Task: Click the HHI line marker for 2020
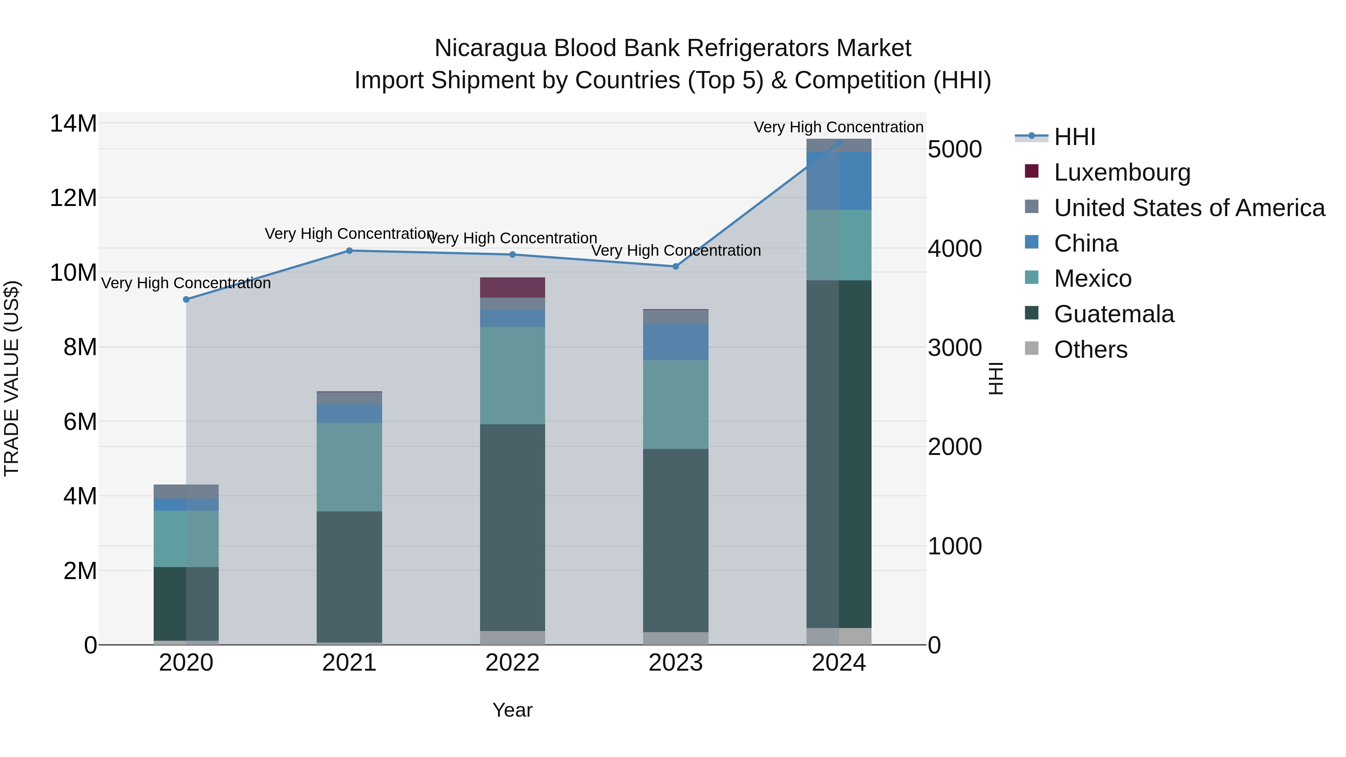186,299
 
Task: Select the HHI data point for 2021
350,251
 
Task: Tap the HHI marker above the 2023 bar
676,267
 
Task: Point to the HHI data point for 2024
839,143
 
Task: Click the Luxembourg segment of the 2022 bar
513,287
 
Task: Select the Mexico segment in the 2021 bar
350,467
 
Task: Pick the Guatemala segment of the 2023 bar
676,540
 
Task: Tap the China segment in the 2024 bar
839,181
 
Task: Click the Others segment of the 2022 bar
513,638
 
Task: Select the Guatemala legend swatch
1032,314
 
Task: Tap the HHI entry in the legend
1032,136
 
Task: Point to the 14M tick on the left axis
73,124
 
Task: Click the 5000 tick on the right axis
955,150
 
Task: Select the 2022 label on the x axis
513,663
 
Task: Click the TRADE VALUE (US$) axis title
12,378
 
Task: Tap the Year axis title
513,710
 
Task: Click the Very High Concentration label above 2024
838,127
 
